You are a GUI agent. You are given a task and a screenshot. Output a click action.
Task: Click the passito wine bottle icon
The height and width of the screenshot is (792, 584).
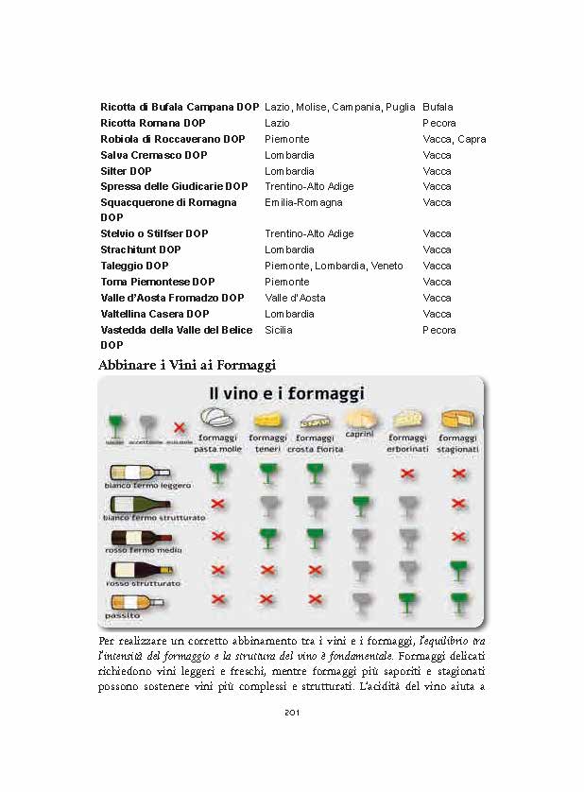[x=129, y=602]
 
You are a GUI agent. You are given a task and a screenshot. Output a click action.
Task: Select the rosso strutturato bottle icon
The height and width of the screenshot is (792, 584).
[x=142, y=570]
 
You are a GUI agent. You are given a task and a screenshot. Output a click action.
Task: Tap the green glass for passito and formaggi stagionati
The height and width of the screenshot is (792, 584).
[x=459, y=602]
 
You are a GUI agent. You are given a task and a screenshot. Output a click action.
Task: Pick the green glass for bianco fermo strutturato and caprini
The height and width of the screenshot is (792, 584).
[x=360, y=504]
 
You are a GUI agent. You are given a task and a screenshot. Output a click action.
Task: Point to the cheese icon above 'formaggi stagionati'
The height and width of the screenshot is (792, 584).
[x=459, y=419]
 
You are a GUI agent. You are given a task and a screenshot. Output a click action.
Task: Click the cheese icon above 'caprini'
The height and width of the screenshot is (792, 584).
[x=360, y=417]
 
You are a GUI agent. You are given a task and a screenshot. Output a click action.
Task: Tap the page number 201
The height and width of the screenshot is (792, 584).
[x=292, y=713]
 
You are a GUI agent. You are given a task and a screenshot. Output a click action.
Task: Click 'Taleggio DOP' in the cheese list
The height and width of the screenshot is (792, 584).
[x=134, y=266]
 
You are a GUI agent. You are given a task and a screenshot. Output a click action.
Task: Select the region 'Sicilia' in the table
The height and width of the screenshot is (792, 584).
[x=279, y=330]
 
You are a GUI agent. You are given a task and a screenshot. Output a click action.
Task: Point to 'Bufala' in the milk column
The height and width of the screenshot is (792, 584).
[x=438, y=107]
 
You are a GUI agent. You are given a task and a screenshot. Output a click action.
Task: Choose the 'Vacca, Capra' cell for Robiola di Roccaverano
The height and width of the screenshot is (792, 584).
[x=455, y=139]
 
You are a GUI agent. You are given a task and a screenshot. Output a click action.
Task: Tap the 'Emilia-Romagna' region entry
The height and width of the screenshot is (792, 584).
[x=303, y=202]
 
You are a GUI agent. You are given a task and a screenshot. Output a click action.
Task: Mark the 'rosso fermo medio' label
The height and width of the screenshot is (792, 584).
[x=143, y=549]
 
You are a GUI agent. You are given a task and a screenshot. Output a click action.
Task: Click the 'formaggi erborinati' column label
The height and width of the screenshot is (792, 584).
[x=408, y=442]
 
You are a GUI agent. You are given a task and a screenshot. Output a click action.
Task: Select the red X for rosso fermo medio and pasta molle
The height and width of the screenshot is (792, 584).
[x=218, y=537]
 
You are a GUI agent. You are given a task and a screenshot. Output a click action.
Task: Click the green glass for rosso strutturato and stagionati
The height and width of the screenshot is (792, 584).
[x=459, y=568]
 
